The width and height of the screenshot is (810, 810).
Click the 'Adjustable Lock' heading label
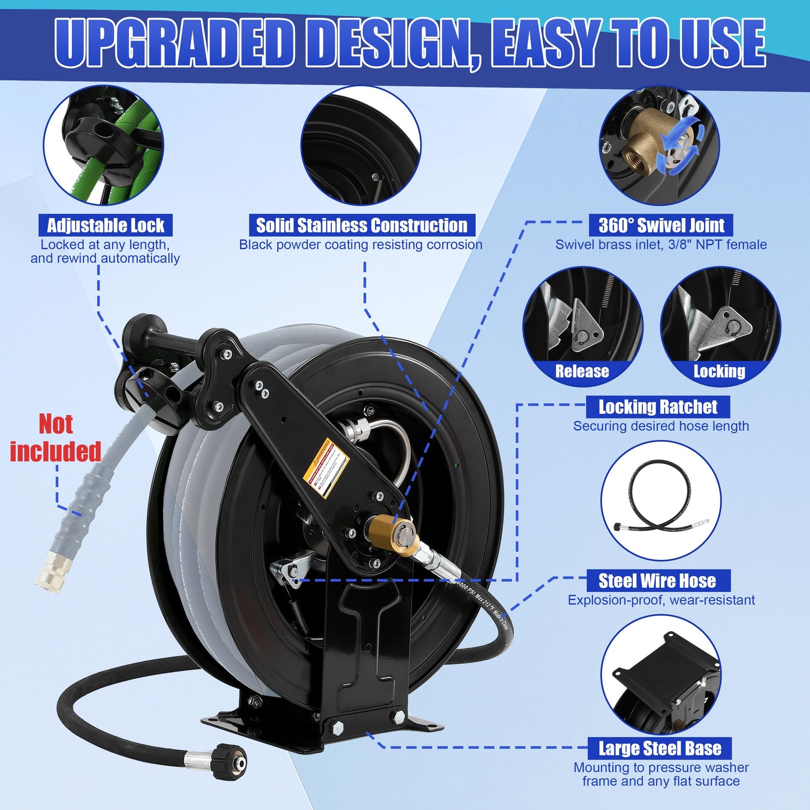click(105, 225)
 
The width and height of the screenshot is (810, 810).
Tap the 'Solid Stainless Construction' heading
click(362, 225)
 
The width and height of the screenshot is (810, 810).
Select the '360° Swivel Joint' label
click(661, 225)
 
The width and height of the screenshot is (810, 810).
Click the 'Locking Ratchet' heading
click(658, 407)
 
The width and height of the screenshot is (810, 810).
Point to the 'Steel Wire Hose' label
click(657, 581)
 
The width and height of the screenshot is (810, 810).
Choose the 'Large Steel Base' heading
click(660, 748)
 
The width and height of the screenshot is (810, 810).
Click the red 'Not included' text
click(55, 438)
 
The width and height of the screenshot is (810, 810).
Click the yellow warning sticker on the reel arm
click(326, 467)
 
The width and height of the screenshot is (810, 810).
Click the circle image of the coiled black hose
click(661, 501)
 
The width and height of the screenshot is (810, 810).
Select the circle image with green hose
click(104, 146)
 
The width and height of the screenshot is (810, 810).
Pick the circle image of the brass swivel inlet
click(660, 146)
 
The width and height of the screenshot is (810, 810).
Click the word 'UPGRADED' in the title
click(174, 44)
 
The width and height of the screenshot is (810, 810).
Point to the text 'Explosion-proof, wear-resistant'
click(661, 600)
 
